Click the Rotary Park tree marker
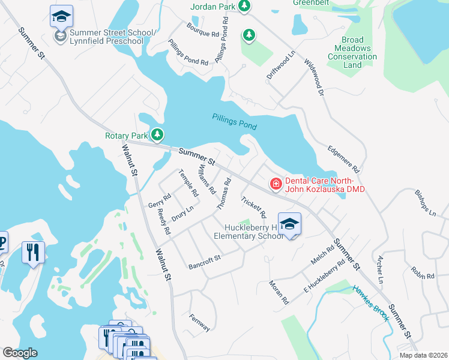click(x=158, y=135)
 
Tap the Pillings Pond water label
click(x=234, y=122)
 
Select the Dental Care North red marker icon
click(x=276, y=184)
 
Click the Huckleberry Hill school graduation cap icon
click(x=289, y=224)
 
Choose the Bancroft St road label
click(x=205, y=260)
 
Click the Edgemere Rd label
click(x=343, y=160)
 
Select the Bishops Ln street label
click(x=425, y=204)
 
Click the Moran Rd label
click(x=279, y=292)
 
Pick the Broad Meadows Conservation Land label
click(x=352, y=53)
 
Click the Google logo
click(x=20, y=353)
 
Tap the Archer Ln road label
click(x=379, y=269)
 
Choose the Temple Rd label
click(x=188, y=183)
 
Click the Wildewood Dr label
click(x=314, y=77)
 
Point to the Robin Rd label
click(x=423, y=273)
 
